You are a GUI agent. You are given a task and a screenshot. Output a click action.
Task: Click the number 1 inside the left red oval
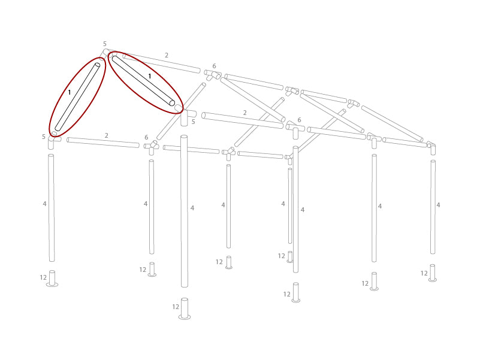70,93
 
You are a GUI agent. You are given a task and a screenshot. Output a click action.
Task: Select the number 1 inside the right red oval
150,77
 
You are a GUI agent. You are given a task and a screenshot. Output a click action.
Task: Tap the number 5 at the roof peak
104,44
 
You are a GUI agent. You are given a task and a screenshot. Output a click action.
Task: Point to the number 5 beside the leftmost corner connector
44,137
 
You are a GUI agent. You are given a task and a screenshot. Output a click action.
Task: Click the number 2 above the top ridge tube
167,56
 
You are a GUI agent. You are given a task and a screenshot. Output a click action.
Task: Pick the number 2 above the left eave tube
107,136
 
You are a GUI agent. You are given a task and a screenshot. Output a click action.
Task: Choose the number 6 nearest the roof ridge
214,66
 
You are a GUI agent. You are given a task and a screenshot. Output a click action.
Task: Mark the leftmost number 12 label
43,278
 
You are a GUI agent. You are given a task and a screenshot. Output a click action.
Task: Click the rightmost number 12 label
424,274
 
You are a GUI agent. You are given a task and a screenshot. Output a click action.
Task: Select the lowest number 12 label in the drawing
176,307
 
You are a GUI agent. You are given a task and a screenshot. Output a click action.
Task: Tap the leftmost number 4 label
44,204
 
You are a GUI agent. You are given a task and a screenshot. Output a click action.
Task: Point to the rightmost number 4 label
438,205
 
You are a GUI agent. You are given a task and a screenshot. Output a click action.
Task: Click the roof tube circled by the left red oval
78,97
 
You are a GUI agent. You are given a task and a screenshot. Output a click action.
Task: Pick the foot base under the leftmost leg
52,280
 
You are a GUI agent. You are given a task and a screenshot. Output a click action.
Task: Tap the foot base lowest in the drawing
185,309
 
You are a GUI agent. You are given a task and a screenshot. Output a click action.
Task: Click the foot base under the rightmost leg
433,274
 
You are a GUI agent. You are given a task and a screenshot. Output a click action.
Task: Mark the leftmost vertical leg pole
52,208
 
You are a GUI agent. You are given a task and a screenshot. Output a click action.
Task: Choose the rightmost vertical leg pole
433,207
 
